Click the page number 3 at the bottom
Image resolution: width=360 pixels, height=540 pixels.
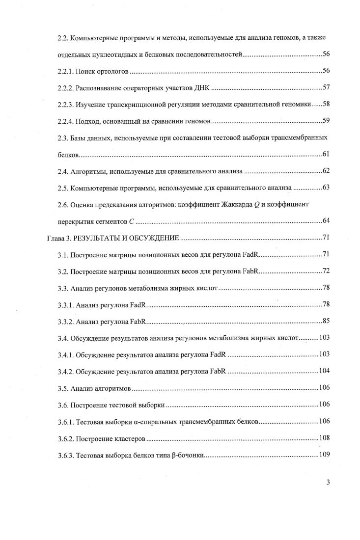(328, 482)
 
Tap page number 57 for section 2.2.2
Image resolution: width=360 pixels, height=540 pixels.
(326, 88)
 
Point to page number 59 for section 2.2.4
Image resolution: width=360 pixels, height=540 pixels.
(326, 121)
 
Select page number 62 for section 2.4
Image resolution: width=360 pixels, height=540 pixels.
(326, 171)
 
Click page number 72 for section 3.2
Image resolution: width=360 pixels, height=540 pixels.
(326, 271)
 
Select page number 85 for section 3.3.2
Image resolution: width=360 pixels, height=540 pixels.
(326, 322)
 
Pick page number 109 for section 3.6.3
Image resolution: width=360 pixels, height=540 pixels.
(324, 454)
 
